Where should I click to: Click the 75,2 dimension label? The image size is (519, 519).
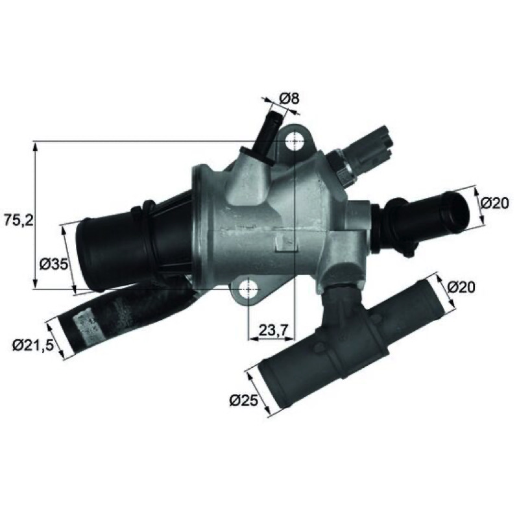click(x=19, y=220)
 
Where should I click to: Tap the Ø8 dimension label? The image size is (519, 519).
click(x=289, y=99)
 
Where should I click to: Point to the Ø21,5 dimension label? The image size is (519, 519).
click(x=33, y=346)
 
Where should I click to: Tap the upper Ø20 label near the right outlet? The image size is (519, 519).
click(x=494, y=203)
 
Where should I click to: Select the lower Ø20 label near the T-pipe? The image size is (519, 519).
click(x=461, y=287)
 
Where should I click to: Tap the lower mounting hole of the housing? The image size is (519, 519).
click(x=248, y=289)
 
